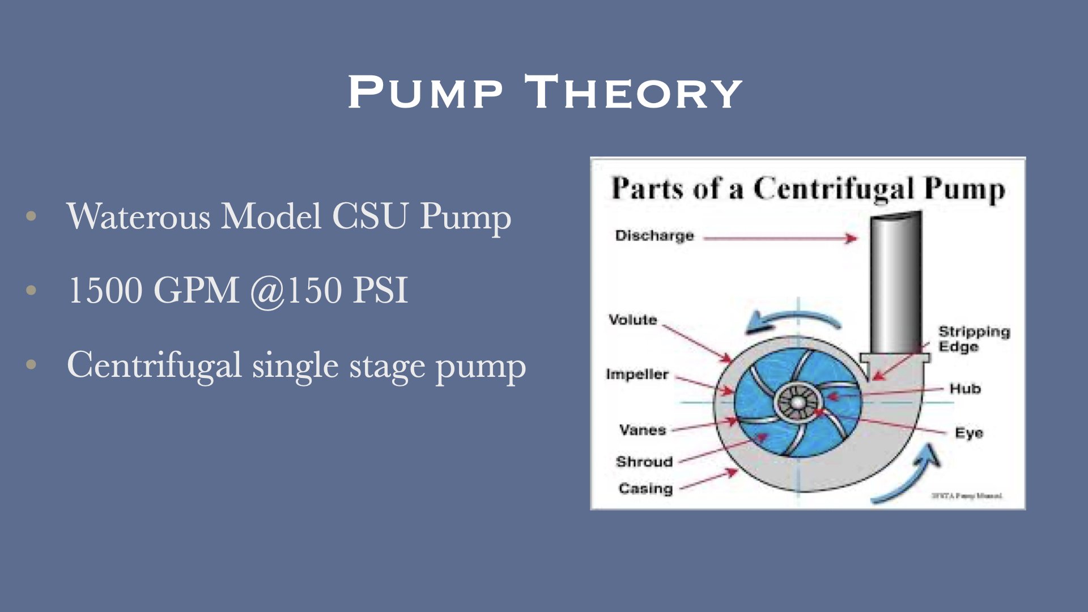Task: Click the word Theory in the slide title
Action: point(633,92)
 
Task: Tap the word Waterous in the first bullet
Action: point(138,216)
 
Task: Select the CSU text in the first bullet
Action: point(369,216)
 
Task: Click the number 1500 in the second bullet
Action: point(105,291)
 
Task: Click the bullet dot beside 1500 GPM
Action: point(31,290)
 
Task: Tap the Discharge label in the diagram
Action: point(654,236)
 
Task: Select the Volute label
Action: point(632,320)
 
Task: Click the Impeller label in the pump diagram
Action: point(637,375)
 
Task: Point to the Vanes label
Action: point(642,430)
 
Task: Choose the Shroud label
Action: point(644,462)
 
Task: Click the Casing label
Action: point(645,488)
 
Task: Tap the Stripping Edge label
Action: point(974,339)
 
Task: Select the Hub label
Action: point(965,389)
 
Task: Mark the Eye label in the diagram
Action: point(968,433)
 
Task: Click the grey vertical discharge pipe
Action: point(896,283)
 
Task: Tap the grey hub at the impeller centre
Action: point(798,403)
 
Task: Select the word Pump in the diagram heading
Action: point(964,189)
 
